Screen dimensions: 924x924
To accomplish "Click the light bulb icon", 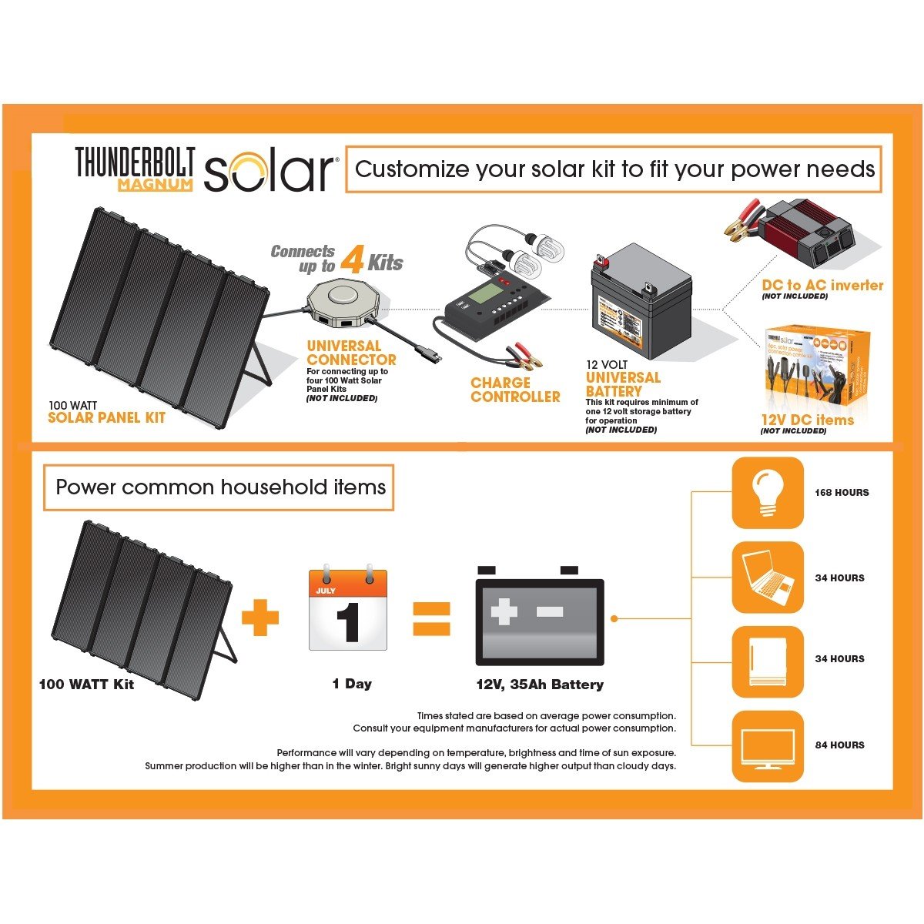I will coord(767,493).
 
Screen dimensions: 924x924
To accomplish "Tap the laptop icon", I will coord(767,577).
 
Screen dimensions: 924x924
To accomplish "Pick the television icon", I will coord(767,746).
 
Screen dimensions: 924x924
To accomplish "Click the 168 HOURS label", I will coord(842,493).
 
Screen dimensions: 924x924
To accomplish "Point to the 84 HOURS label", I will coord(839,745).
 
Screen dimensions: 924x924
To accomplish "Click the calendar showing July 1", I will coord(348,610).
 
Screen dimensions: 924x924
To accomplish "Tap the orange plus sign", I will coord(260,618).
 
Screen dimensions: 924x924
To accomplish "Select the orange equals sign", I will coord(431,618).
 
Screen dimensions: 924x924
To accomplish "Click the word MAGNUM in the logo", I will coord(155,185).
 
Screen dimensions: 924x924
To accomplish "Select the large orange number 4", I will coord(351,259).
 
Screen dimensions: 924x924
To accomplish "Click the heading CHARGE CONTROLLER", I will coord(515,390).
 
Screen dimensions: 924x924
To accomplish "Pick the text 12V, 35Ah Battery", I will coord(540,685).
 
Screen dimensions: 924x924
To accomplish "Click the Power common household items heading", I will coord(220,487).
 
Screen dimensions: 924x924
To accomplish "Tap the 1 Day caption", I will coord(352,684).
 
